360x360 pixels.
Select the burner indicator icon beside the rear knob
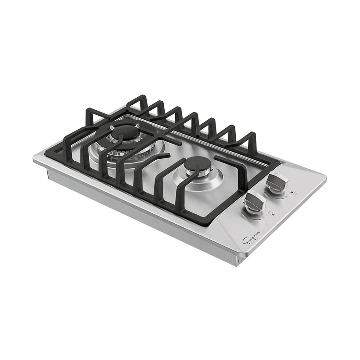[293, 193]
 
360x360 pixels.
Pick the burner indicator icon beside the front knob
[270, 214]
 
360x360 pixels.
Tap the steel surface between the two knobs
[265, 192]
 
